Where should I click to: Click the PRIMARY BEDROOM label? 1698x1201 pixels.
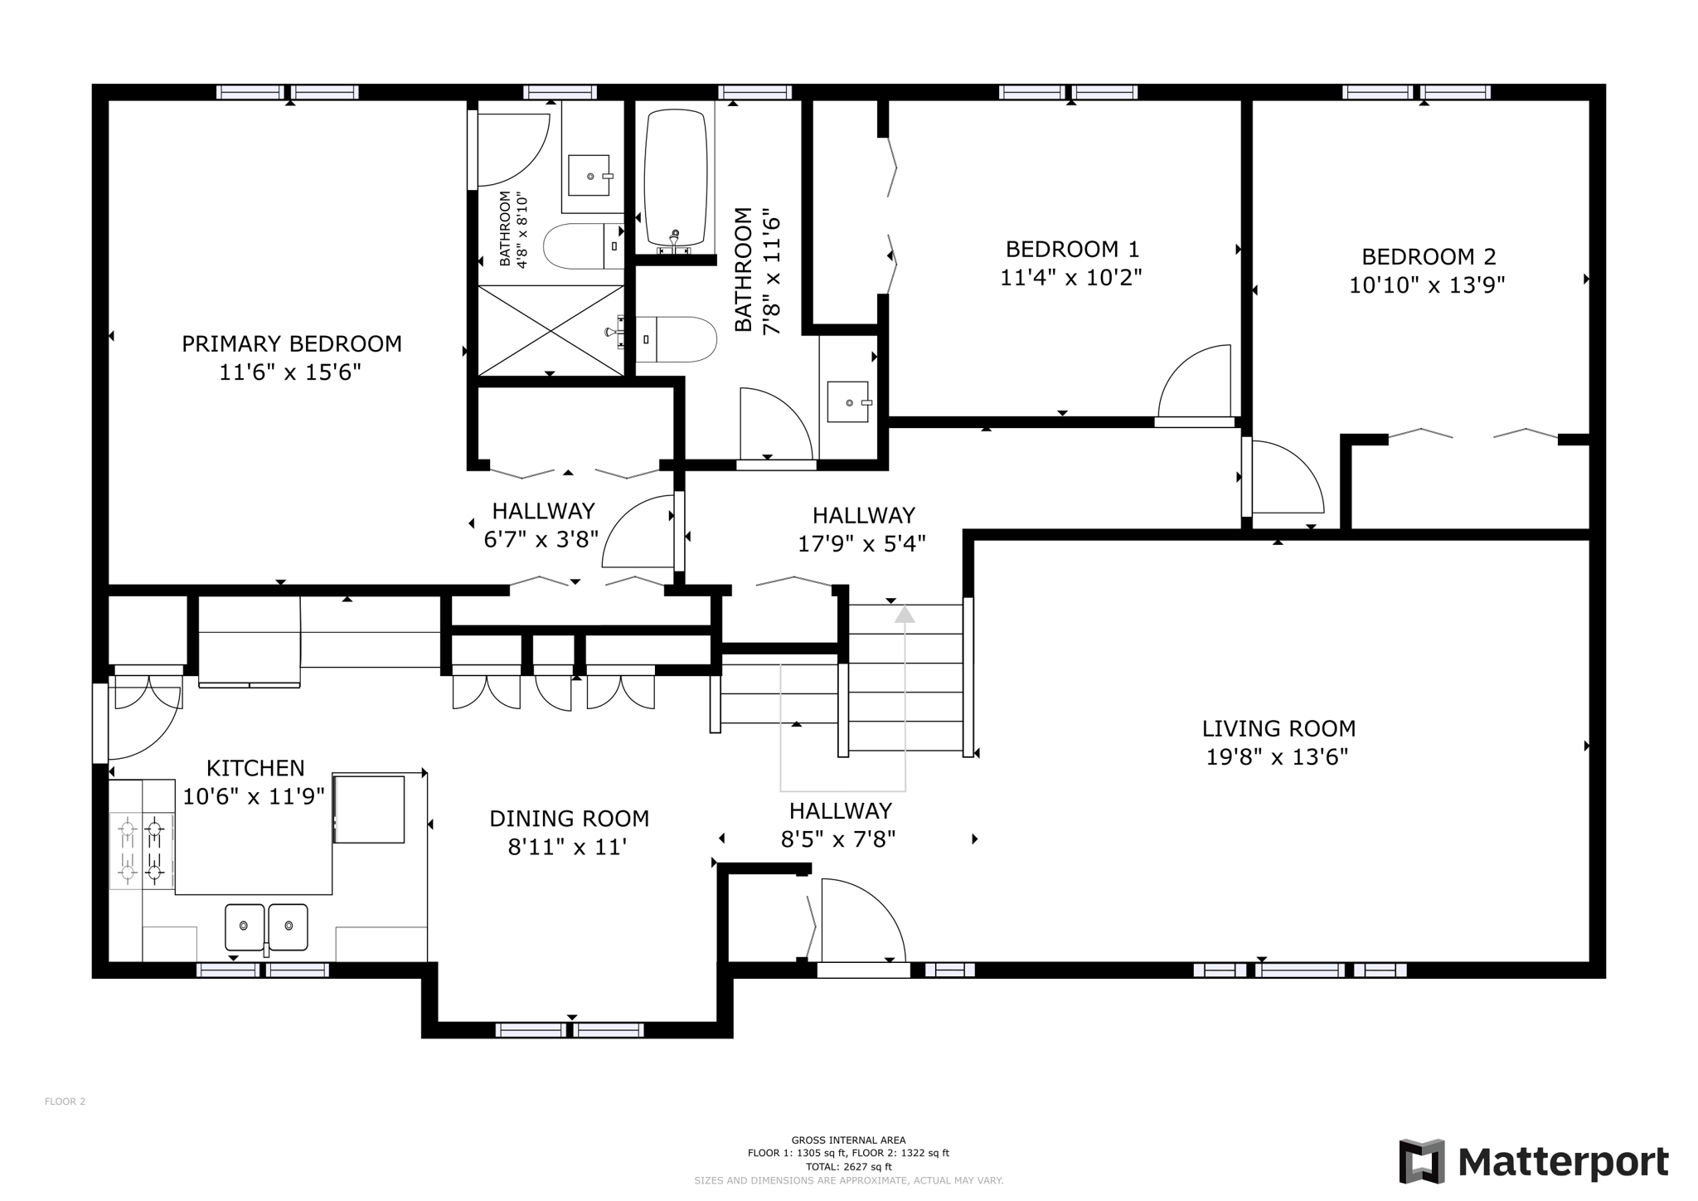coord(292,343)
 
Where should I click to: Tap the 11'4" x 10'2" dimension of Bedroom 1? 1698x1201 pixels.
coord(1071,277)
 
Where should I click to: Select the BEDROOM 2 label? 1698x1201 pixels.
coord(1429,256)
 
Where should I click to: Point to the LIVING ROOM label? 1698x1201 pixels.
coord(1278,729)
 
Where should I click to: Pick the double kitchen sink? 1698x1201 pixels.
coord(266,926)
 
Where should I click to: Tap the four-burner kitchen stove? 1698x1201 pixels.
coord(142,849)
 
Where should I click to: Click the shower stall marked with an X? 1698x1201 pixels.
coord(551,330)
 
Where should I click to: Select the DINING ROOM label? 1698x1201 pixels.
coord(569,819)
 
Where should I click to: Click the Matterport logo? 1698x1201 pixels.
coord(1533,1162)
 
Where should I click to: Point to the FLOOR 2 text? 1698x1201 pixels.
coord(65,1101)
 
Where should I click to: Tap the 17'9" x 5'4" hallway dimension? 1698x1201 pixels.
coord(861,543)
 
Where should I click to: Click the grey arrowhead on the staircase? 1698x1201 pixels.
coord(905,615)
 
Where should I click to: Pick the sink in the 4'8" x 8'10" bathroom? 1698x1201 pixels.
coord(589,176)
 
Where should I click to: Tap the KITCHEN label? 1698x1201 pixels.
coord(255,768)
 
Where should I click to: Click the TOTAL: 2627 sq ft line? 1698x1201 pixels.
coord(848,1165)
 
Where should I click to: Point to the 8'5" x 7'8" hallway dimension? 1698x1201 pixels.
coord(838,839)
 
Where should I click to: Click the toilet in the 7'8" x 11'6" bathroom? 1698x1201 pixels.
coord(684,339)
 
